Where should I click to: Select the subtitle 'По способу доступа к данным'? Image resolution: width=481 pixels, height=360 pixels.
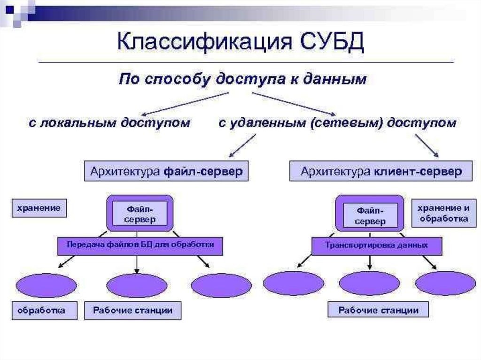(x=242, y=79)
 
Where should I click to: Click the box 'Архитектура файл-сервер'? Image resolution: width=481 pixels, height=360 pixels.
(x=166, y=172)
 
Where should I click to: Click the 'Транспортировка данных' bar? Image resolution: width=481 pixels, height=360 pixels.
(x=377, y=245)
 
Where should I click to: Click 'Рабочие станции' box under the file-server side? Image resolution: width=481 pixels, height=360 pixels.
(x=132, y=310)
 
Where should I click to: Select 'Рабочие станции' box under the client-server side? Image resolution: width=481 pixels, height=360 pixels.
(x=379, y=310)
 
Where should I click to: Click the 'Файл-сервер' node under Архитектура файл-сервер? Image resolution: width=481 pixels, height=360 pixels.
(x=140, y=214)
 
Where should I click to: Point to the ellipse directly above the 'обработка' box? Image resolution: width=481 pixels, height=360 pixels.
(x=46, y=285)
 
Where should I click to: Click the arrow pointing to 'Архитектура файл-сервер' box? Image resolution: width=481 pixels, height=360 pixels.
(x=242, y=146)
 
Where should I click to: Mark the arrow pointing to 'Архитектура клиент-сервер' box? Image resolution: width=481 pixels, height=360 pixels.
(x=427, y=146)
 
